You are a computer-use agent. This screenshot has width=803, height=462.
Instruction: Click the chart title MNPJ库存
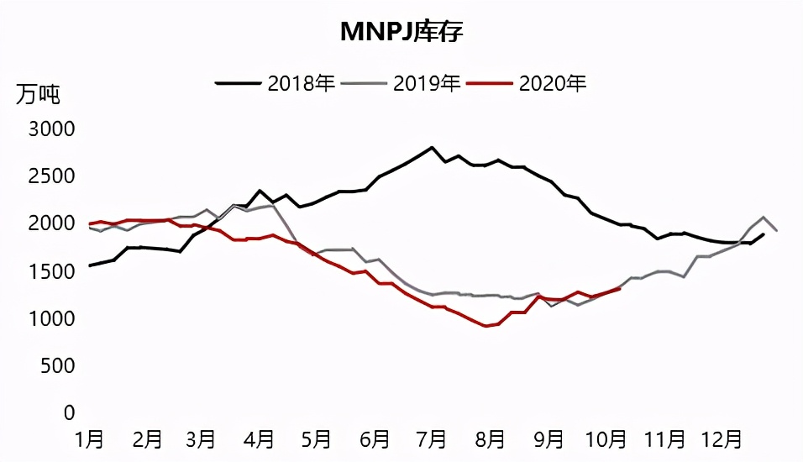click(x=401, y=32)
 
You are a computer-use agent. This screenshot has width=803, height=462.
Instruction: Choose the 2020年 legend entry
click(x=553, y=83)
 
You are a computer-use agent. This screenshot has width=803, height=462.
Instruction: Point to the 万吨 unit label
click(x=38, y=94)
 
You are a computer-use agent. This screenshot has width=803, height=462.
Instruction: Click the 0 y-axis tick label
click(x=71, y=412)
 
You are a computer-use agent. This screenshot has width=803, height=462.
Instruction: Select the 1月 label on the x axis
click(x=89, y=439)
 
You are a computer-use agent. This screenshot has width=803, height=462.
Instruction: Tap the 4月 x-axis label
click(x=260, y=439)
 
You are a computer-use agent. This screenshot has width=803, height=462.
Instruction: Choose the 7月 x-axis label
click(x=432, y=439)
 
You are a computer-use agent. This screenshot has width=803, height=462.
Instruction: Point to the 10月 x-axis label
click(x=606, y=439)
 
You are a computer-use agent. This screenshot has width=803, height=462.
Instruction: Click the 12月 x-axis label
click(x=721, y=439)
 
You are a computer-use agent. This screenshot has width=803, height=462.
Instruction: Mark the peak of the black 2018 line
click(x=431, y=148)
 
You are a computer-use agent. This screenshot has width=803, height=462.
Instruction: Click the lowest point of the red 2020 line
click(x=486, y=326)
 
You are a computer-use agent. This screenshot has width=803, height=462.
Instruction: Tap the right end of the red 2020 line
click(x=619, y=289)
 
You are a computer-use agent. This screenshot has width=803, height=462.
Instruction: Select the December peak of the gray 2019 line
click(x=764, y=217)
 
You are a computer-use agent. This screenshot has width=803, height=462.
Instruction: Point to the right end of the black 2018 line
click(x=763, y=234)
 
